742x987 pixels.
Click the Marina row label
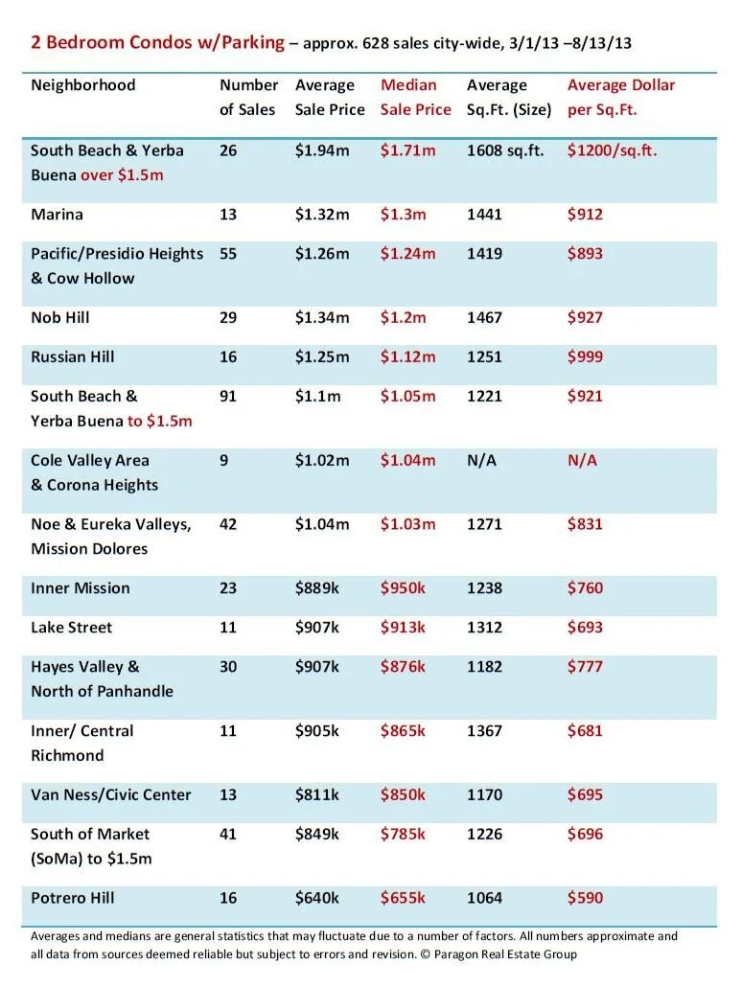[x=57, y=215]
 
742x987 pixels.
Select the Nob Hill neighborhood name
[x=59, y=317]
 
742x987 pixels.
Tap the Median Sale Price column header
[x=415, y=97]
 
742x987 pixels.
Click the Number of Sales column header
[x=248, y=97]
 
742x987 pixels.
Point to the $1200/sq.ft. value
[x=612, y=150]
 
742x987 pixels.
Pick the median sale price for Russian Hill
[x=407, y=356]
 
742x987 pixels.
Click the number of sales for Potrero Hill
[x=228, y=898]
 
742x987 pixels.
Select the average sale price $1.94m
[x=322, y=150]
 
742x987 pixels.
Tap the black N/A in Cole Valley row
[x=482, y=460]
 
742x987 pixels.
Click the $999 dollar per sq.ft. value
[x=585, y=356]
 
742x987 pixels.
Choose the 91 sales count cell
[x=228, y=396]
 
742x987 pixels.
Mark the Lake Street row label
[x=71, y=628]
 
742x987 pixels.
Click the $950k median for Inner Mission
[x=403, y=588]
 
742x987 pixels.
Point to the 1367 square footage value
[x=484, y=731]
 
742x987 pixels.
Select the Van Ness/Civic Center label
[x=110, y=794]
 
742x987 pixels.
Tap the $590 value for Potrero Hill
[x=585, y=898]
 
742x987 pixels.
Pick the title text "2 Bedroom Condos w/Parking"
[x=157, y=42]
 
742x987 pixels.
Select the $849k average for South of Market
[x=317, y=834]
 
